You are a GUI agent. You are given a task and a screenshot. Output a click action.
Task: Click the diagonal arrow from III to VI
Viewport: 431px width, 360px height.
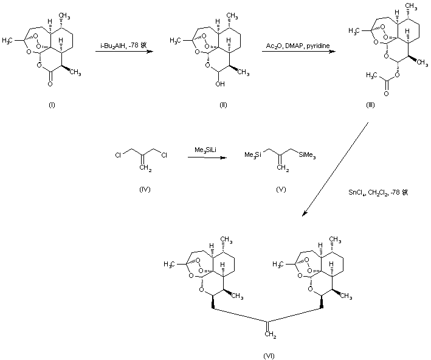point(337,169)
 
